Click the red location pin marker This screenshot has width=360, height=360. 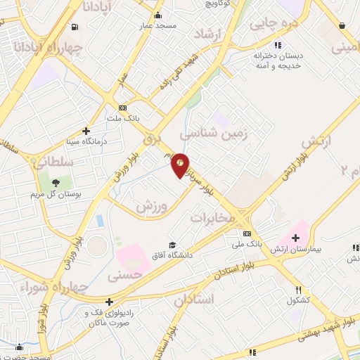tap(181, 165)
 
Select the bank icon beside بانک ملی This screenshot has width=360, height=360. tap(247, 233)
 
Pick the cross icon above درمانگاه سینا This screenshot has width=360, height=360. tap(86, 131)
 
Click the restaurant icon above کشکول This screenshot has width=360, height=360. tap(298, 290)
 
